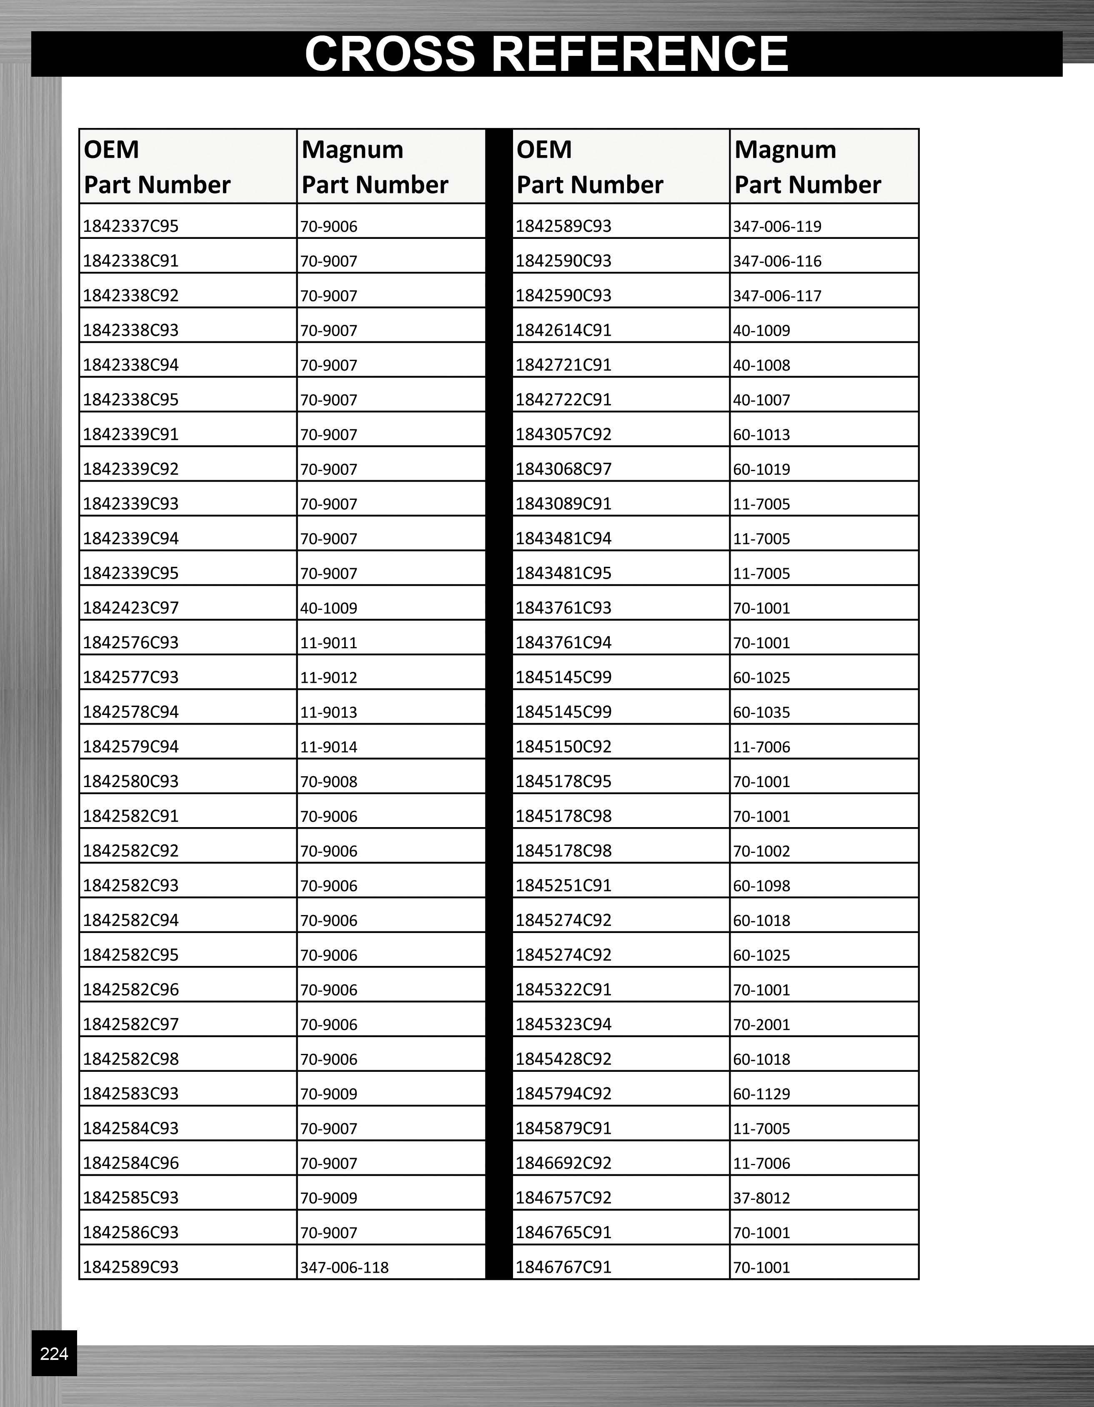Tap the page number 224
[x=54, y=1354]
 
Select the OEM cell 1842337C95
[x=131, y=226]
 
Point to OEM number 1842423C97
[x=131, y=607]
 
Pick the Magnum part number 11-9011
[x=328, y=643]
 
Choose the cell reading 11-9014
[x=328, y=747]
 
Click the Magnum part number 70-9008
[x=328, y=781]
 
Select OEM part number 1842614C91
[x=563, y=330]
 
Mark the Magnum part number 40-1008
[x=761, y=365]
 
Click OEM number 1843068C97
[x=563, y=469]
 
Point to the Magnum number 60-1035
[x=761, y=712]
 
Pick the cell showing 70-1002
[x=761, y=851]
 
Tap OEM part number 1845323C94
[x=563, y=1024]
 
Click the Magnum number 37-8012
[x=761, y=1198]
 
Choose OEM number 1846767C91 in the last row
[x=563, y=1267]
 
